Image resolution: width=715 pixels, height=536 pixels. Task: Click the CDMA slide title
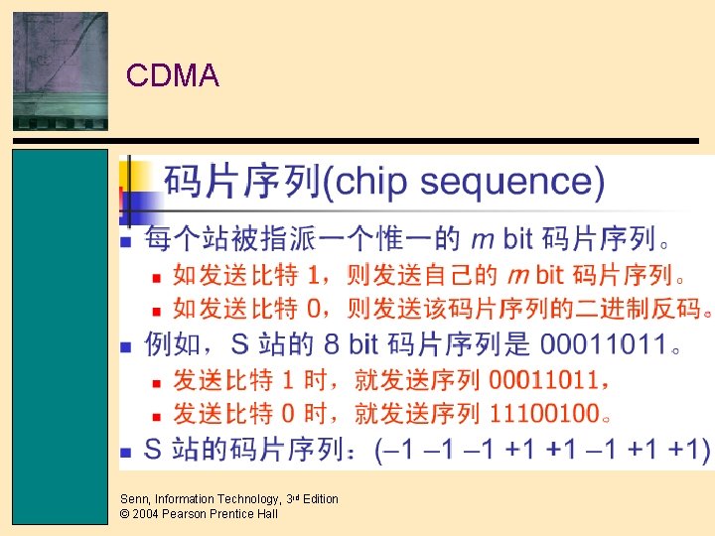tap(173, 75)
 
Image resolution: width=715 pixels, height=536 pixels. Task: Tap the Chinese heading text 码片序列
tap(242, 182)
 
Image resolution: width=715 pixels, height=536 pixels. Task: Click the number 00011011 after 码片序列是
tap(603, 345)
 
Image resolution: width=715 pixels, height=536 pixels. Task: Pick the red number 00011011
tap(544, 379)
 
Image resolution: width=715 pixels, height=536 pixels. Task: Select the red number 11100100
tap(544, 413)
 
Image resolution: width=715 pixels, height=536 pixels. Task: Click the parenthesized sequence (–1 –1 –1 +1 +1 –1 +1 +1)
tap(542, 449)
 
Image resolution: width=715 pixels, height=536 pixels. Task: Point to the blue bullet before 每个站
tap(126, 241)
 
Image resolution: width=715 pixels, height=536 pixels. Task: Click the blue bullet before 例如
tap(126, 347)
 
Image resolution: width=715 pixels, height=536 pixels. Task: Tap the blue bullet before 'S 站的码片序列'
tap(126, 451)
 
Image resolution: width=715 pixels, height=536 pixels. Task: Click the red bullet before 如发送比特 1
tap(156, 275)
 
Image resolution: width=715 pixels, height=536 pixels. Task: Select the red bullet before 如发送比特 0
tap(156, 310)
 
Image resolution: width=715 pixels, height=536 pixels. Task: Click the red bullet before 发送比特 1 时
tap(156, 381)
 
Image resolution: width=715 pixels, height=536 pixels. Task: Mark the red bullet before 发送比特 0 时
tap(156, 415)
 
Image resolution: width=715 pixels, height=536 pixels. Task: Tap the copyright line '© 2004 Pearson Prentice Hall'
tap(199, 514)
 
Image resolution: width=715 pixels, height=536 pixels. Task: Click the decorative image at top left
tap(61, 70)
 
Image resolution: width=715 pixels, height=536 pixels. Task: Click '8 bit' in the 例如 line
tap(352, 345)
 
